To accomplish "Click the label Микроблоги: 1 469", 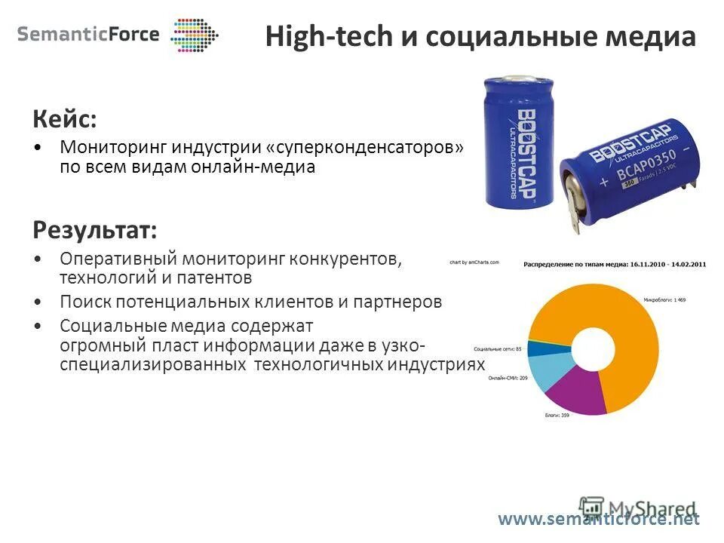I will [x=664, y=299].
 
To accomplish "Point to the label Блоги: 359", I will [x=557, y=416].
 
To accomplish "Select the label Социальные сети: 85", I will [x=498, y=349].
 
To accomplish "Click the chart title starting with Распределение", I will [x=614, y=264].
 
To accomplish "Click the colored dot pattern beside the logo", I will [x=194, y=35].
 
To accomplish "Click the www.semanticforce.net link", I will [x=599, y=519].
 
